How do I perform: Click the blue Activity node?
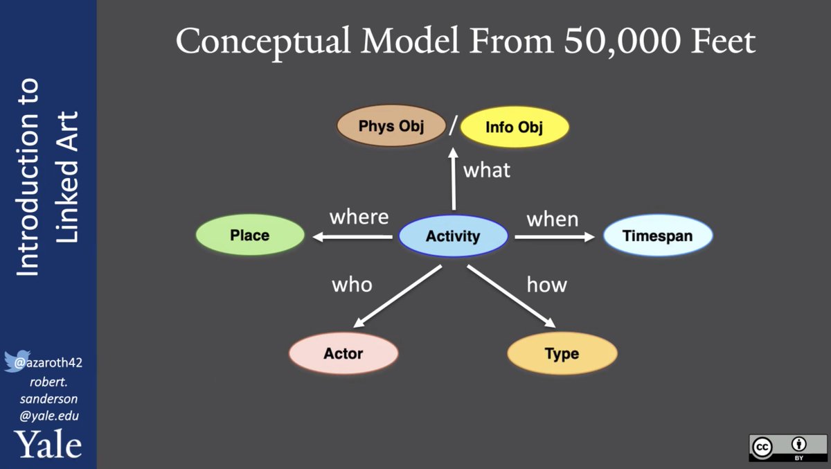(x=453, y=236)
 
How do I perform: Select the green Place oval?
(x=250, y=236)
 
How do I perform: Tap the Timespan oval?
(x=657, y=236)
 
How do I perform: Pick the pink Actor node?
(x=343, y=353)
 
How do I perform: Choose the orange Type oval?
(x=562, y=353)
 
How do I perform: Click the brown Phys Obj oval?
(x=391, y=127)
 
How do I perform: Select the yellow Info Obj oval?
(x=514, y=127)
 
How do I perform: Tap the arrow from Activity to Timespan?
(x=555, y=237)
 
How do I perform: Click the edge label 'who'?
(x=352, y=284)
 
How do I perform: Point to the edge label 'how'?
(x=547, y=284)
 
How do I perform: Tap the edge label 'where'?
(x=359, y=217)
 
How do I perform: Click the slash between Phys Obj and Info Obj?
(x=452, y=127)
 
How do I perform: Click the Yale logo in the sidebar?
(x=48, y=445)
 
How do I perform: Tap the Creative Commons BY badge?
(x=787, y=448)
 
